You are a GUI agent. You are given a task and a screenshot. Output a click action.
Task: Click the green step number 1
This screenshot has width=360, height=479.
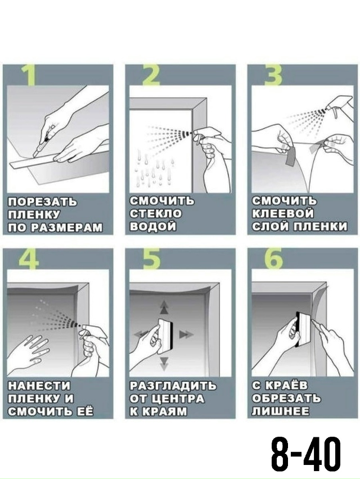29,75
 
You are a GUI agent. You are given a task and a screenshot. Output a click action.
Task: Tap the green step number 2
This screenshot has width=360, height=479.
151,75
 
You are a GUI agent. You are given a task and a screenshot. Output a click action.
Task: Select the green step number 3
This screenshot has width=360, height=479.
273,75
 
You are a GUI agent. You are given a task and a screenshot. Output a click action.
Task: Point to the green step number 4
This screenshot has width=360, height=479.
29,259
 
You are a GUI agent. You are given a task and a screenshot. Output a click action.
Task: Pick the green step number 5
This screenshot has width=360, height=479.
151,259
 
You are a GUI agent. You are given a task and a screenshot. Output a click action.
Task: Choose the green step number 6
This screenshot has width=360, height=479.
273,259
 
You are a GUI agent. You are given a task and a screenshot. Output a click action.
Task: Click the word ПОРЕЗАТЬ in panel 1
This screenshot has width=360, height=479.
43,202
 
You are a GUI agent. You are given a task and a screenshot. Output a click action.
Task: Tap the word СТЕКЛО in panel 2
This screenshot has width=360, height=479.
156,214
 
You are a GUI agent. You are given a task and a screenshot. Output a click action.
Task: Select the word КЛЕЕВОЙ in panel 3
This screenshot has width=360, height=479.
283,214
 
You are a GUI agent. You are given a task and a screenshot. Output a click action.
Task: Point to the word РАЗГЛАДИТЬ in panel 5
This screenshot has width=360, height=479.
173,386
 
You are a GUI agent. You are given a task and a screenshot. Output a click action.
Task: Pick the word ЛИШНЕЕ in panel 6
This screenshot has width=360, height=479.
280,411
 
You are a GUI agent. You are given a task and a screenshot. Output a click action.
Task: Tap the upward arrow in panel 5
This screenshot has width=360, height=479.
164,307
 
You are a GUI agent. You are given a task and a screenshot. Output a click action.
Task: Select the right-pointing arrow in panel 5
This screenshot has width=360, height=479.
186,335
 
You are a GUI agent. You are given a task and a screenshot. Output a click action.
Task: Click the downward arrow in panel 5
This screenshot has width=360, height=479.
164,362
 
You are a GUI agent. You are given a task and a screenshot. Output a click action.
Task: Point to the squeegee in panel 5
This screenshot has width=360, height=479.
165,336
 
